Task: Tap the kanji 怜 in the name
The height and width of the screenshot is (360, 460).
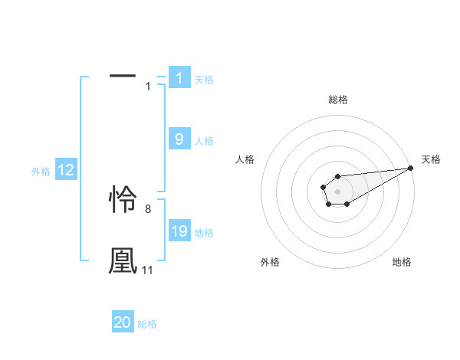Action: pyautogui.click(x=123, y=200)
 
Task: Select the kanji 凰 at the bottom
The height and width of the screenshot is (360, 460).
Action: pyautogui.click(x=123, y=260)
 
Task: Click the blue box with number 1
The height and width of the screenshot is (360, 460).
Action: pyautogui.click(x=179, y=77)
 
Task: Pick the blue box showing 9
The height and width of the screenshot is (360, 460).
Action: pyautogui.click(x=179, y=139)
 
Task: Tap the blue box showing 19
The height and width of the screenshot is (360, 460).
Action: pyautogui.click(x=179, y=231)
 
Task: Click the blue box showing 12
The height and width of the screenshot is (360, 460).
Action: pyautogui.click(x=66, y=170)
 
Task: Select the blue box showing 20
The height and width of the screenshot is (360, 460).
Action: pyautogui.click(x=123, y=322)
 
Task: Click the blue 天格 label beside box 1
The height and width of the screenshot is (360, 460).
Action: pyautogui.click(x=204, y=79)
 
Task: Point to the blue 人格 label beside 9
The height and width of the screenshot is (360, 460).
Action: pyautogui.click(x=204, y=141)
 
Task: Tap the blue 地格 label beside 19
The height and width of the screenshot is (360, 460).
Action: pyautogui.click(x=204, y=233)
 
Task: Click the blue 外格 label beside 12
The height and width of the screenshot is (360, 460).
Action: pyautogui.click(x=41, y=172)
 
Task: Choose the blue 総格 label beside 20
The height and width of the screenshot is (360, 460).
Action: pyautogui.click(x=147, y=324)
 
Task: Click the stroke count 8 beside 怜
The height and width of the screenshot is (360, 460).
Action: pyautogui.click(x=148, y=208)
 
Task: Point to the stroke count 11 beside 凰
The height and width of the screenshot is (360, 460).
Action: pyautogui.click(x=147, y=270)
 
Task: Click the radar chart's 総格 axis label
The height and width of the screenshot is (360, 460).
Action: pyautogui.click(x=338, y=100)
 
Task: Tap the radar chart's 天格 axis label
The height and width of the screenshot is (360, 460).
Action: pyautogui.click(x=431, y=159)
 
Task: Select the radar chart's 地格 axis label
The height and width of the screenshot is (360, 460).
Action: pyautogui.click(x=402, y=262)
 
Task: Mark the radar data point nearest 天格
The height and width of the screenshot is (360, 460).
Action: pyautogui.click(x=411, y=168)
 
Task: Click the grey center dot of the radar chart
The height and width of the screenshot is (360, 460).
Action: pyautogui.click(x=337, y=190)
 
